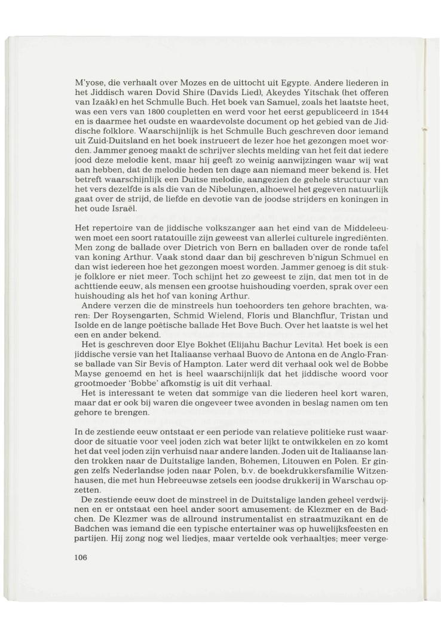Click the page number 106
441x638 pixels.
point(81,557)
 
